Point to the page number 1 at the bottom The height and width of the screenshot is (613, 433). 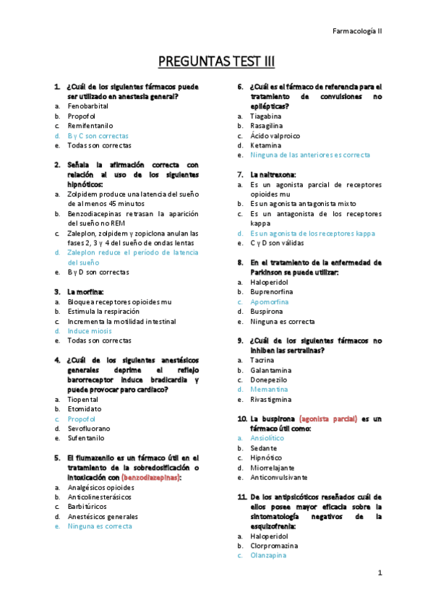(379, 573)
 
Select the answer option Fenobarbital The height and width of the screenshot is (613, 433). (88, 106)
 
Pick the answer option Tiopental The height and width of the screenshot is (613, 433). (83, 399)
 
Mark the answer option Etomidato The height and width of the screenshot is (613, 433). (85, 409)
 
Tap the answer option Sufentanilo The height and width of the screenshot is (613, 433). (87, 438)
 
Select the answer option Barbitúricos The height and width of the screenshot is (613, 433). (87, 507)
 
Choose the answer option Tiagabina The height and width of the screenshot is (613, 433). (266, 116)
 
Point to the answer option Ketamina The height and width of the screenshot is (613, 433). (266, 145)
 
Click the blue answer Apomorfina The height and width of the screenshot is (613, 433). (270, 301)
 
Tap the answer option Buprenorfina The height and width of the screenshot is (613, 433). (274, 291)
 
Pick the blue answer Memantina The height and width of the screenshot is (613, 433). (268, 389)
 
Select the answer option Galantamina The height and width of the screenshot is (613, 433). (271, 369)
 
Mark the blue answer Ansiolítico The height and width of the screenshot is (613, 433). (269, 438)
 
